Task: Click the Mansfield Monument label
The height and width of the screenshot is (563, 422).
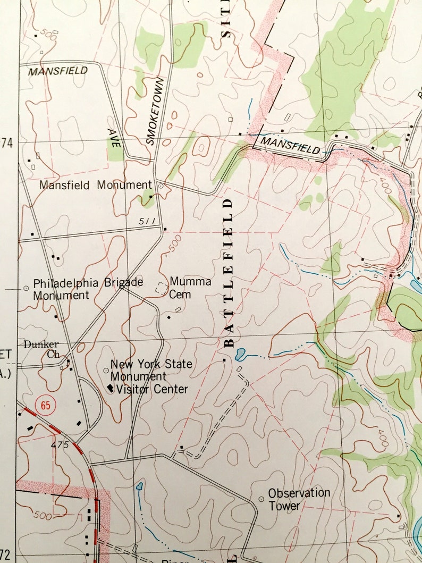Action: pos(96,186)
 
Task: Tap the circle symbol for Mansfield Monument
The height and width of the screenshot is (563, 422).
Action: pos(161,186)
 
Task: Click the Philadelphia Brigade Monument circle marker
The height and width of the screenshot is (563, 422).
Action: pos(26,288)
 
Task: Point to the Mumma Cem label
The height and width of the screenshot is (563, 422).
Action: pos(190,288)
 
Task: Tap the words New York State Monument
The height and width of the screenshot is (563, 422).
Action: pos(151,370)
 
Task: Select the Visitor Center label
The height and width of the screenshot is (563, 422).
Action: pos(152,389)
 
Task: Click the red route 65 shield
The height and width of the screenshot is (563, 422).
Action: pos(45,406)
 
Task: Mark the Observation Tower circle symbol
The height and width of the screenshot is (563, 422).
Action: pos(261,499)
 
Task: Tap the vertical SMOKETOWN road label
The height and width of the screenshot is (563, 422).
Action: pos(154,111)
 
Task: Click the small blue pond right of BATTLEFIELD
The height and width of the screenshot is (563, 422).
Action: pos(240,352)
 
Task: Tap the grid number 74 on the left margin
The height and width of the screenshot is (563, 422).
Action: pos(6,142)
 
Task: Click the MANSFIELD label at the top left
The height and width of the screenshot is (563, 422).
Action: pos(58,71)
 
